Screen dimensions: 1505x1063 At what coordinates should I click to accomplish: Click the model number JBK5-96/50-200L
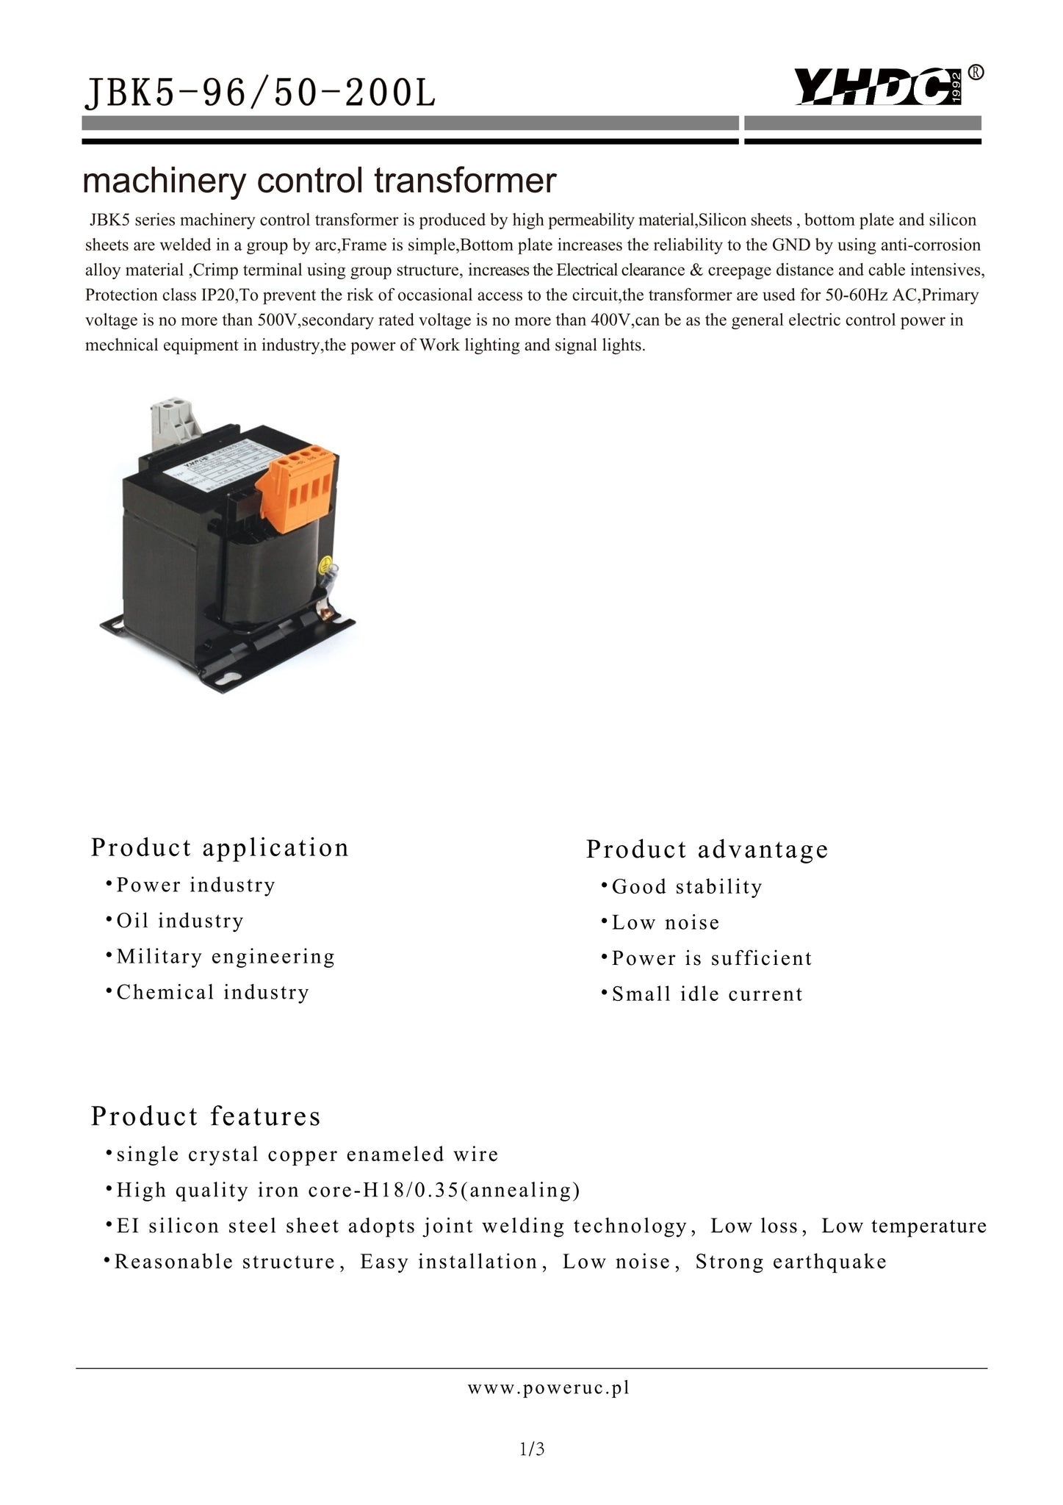tap(261, 94)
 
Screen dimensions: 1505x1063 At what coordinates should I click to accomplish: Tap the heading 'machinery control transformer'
tap(319, 181)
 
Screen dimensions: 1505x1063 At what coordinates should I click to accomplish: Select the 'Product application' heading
tap(220, 847)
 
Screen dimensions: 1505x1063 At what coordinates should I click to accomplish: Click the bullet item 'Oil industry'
tap(180, 921)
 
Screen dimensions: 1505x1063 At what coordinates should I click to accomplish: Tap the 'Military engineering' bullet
tap(226, 956)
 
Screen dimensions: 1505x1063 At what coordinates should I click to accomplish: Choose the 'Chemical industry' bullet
tap(213, 992)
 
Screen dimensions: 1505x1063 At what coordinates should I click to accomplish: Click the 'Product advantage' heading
tap(707, 850)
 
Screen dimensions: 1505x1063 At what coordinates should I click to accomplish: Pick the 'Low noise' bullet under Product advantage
tap(666, 923)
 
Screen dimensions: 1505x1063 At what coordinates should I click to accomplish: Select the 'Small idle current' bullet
tap(707, 994)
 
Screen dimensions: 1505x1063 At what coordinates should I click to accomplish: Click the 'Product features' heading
tap(206, 1116)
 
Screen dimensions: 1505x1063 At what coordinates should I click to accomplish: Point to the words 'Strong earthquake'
tap(791, 1262)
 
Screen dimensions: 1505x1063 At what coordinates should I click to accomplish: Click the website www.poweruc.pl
tap(549, 1388)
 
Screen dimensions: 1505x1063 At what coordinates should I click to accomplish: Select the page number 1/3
tap(531, 1449)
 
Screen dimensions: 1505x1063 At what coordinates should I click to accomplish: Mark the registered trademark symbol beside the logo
tap(976, 72)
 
